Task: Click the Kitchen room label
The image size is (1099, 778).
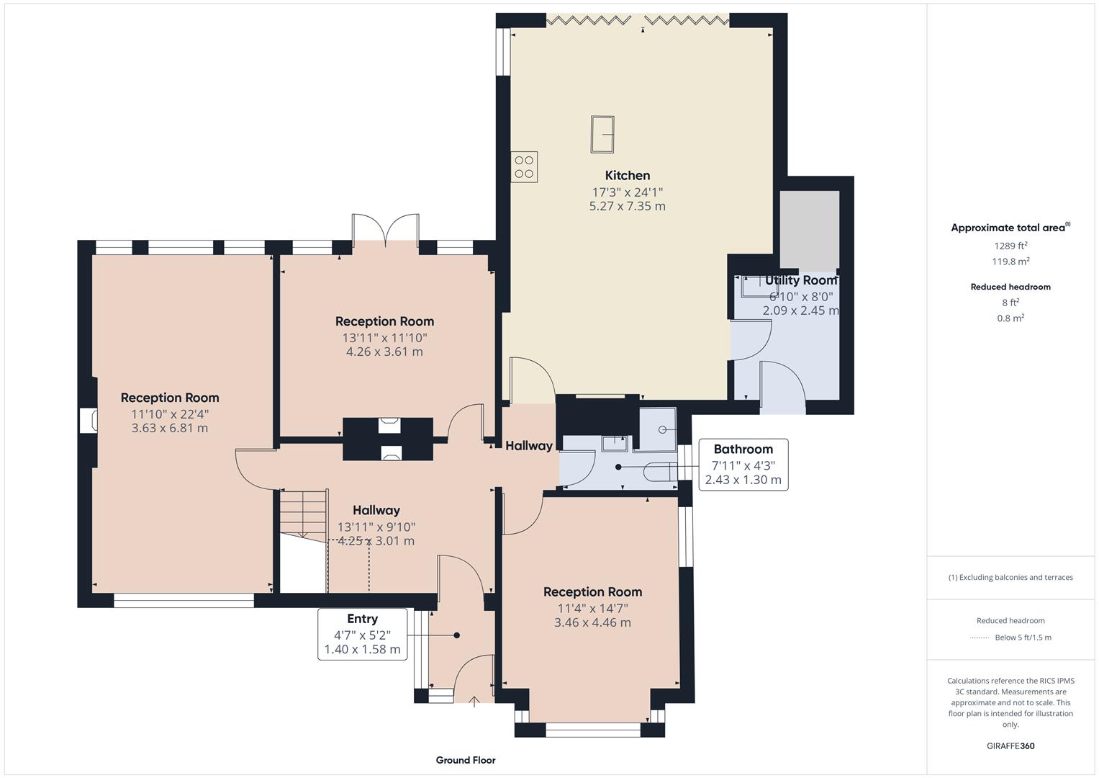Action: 627,175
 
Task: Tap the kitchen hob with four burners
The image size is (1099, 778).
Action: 524,166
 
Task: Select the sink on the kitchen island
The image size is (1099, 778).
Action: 602,135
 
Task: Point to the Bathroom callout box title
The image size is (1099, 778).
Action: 743,450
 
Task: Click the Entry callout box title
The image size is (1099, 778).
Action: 362,619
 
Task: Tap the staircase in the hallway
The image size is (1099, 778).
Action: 303,512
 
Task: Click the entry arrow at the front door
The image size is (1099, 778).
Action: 475,701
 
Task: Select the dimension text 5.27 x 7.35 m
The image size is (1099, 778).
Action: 627,206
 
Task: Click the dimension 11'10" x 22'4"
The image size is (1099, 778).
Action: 170,413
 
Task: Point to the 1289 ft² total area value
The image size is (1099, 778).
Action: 1010,246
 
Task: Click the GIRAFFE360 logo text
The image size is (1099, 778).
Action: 1010,746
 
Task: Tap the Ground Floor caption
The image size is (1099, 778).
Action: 465,760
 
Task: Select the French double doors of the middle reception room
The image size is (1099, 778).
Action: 386,230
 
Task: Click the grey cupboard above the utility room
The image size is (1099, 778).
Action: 810,229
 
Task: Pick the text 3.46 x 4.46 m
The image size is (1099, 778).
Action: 592,622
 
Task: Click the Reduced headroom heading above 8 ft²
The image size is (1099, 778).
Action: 1010,287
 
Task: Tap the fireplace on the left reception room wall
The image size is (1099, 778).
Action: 88,421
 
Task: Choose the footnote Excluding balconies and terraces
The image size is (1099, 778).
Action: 1010,577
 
